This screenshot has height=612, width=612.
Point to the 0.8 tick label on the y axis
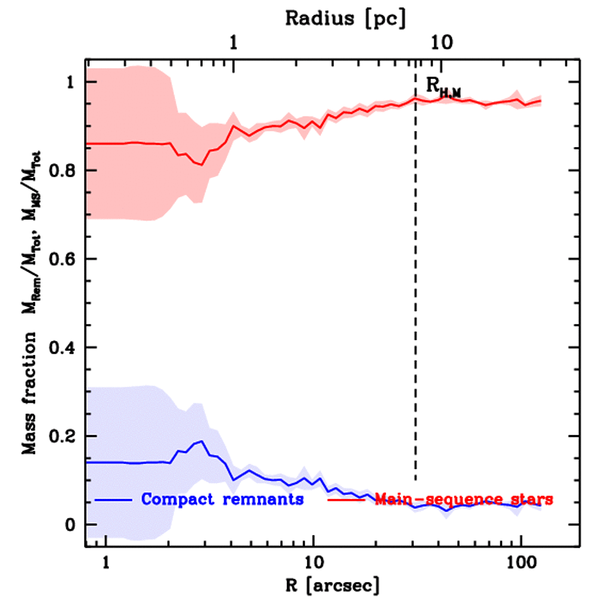coord(67,171)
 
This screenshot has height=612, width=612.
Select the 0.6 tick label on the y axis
coord(67,259)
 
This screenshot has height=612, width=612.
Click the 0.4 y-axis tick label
coord(67,348)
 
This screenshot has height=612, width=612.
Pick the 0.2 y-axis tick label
coord(67,436)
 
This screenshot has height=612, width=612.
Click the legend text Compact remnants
coord(223,499)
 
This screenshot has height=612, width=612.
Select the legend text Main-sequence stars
coord(464,499)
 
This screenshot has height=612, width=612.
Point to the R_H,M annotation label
coord(443,87)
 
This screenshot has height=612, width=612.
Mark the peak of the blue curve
coord(203,442)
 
